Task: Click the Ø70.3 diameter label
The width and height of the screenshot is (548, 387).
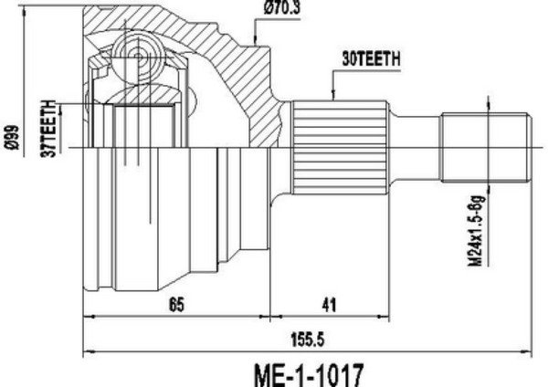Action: point(282,7)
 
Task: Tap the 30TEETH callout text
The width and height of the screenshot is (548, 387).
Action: point(371,59)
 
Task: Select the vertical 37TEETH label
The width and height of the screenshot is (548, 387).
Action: point(48,129)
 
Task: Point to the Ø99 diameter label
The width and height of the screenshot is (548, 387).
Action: point(12,138)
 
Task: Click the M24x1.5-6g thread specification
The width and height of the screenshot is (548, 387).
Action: point(477,231)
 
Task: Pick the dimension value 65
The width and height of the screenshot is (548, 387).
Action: point(176,305)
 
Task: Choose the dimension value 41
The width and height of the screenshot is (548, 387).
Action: point(329,305)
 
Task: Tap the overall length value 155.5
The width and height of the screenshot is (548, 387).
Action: point(308,340)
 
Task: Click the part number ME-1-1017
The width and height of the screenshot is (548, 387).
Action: point(309,374)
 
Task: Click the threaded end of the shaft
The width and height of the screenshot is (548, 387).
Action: point(486,147)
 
